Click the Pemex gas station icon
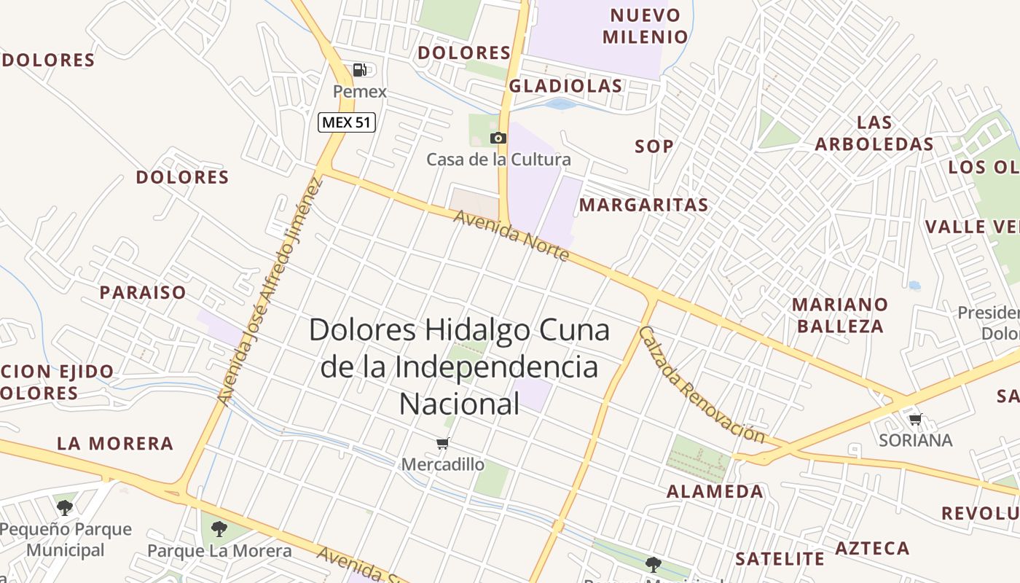pyautogui.click(x=359, y=70)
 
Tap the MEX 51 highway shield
pyautogui.click(x=347, y=122)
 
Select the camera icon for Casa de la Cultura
pyautogui.click(x=498, y=138)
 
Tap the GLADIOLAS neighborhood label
pyautogui.click(x=566, y=86)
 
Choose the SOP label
pyautogui.click(x=654, y=146)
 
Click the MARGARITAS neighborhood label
pyautogui.click(x=644, y=206)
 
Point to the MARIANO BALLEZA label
pyautogui.click(x=840, y=315)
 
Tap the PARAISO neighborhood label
pyautogui.click(x=143, y=293)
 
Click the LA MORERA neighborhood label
pyautogui.click(x=115, y=444)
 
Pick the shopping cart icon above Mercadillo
pyautogui.click(x=442, y=443)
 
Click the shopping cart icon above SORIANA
pyautogui.click(x=915, y=419)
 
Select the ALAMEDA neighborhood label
pyautogui.click(x=715, y=492)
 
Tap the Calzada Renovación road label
pyautogui.click(x=701, y=385)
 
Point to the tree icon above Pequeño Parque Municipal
pyautogui.click(x=65, y=507)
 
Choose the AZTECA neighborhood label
pyautogui.click(x=872, y=549)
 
